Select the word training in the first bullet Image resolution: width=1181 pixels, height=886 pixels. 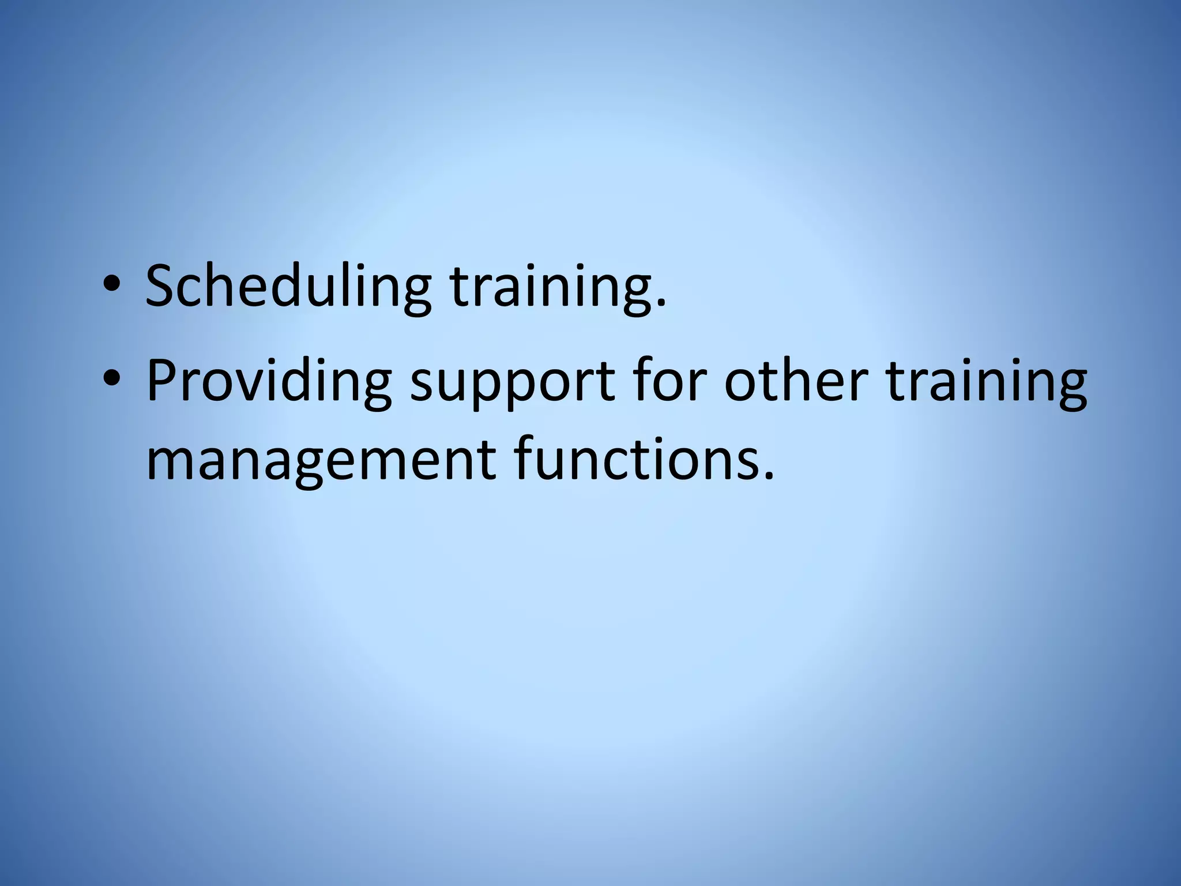coord(551,287)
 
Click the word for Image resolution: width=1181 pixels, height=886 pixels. coord(669,381)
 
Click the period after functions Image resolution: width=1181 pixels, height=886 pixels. coord(768,476)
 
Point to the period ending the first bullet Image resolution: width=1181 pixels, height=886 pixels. coord(661,303)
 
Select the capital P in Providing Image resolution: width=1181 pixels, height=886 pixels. coord(162,381)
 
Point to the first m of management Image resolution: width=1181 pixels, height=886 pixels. coord(170,464)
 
